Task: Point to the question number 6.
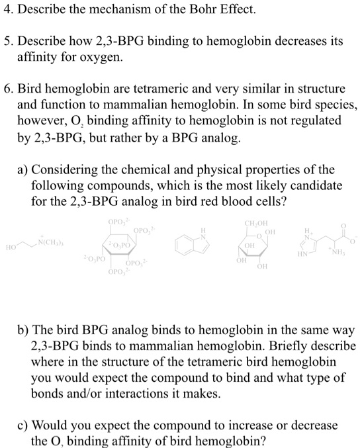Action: coord(7,88)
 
